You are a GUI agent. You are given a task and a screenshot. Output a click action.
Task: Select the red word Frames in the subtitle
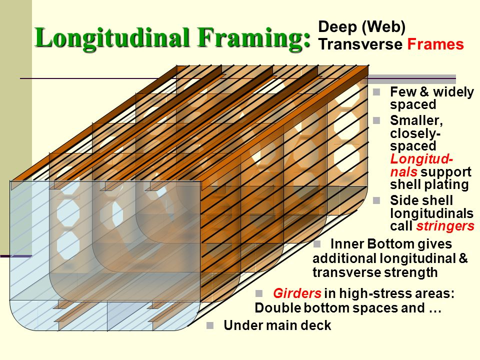[435, 44]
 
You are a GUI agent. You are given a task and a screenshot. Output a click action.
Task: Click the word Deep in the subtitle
[335, 27]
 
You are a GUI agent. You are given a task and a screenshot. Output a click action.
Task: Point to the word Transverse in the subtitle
[360, 44]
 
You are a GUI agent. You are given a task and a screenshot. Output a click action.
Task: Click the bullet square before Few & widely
[377, 92]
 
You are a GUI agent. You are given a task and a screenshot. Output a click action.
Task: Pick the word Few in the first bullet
[401, 92]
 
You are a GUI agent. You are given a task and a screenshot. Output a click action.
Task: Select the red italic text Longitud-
[422, 159]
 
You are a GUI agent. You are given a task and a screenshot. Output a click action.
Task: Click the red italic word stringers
[445, 226]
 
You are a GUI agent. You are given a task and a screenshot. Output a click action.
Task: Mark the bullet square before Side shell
[377, 200]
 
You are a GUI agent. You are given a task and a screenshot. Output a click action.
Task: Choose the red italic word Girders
[297, 293]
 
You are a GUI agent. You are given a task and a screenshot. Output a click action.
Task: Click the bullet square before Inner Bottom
[316, 244]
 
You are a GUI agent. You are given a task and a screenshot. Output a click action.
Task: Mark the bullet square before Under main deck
[210, 326]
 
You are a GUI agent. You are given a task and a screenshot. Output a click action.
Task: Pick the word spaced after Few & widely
[413, 105]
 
